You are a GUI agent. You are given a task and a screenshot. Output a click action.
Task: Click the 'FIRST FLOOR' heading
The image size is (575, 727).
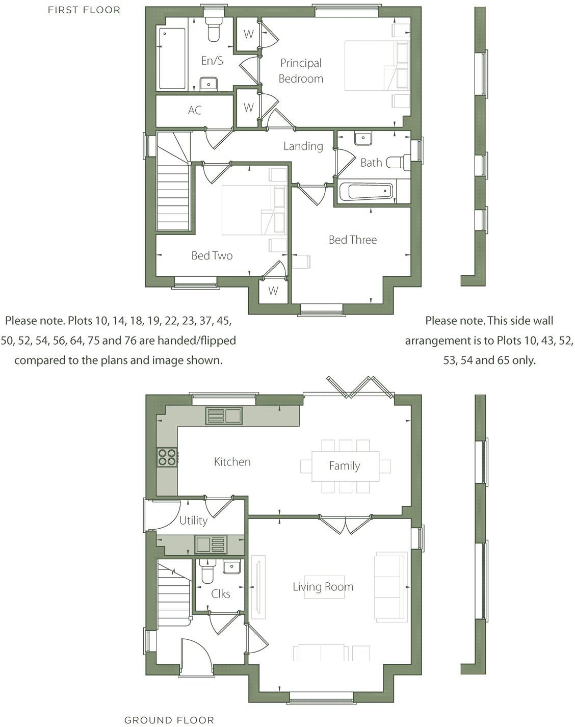click(x=84, y=10)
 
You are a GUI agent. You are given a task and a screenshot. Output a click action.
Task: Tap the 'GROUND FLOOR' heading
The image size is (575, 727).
click(x=169, y=720)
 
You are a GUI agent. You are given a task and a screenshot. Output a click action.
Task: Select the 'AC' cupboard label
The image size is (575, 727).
click(x=195, y=110)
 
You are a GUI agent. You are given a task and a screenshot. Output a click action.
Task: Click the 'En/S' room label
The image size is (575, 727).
click(x=212, y=61)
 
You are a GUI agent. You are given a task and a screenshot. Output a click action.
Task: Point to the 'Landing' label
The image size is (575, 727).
click(x=303, y=146)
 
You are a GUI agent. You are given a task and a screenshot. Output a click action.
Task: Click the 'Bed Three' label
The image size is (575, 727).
click(x=353, y=240)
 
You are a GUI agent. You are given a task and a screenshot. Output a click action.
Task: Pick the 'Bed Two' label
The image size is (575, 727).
click(x=212, y=255)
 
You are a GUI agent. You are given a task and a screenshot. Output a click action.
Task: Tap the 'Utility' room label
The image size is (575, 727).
click(x=193, y=521)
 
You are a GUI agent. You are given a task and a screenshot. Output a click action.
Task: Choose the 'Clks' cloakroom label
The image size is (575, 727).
click(x=221, y=593)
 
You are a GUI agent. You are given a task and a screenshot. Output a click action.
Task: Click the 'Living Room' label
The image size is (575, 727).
click(x=323, y=587)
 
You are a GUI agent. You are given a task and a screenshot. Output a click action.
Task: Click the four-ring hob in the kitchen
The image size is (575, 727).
click(x=167, y=456)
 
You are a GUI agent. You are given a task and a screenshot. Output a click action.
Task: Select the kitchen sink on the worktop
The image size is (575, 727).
click(x=224, y=416)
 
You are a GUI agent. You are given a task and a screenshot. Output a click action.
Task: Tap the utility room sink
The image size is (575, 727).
click(x=210, y=544)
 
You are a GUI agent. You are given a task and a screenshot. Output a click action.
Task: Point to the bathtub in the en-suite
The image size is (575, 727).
click(x=172, y=59)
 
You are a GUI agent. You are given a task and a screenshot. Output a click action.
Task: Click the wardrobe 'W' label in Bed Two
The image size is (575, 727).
click(x=273, y=291)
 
